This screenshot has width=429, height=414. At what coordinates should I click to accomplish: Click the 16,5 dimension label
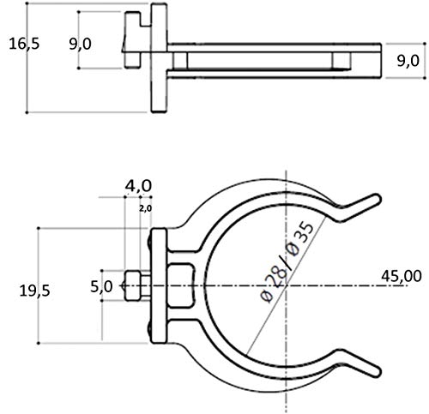[24, 44]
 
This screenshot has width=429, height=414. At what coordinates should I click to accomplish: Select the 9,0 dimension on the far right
[408, 61]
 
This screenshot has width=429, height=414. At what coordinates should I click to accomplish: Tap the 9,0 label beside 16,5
[80, 45]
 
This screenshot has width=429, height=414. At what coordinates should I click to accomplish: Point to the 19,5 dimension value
[34, 291]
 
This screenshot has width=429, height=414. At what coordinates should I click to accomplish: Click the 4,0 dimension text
[138, 186]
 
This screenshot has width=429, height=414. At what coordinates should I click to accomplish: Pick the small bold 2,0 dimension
[145, 208]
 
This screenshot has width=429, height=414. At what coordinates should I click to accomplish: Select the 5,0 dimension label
[101, 286]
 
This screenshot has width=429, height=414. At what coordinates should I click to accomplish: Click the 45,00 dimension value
[402, 276]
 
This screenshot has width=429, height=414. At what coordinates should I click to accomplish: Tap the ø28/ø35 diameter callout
[287, 263]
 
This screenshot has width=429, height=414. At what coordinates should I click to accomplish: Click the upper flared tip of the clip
[377, 199]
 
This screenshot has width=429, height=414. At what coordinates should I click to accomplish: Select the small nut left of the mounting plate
[133, 285]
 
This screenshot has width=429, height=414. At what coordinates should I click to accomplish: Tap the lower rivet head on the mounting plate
[149, 329]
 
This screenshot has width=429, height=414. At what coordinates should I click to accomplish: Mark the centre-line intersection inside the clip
[287, 285]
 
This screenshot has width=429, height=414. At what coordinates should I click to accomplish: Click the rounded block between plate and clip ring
[180, 285]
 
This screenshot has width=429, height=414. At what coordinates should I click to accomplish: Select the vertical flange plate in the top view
[159, 57]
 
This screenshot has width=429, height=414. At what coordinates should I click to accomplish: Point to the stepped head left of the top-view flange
[136, 39]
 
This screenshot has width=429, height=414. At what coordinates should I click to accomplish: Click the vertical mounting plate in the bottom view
[159, 285]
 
